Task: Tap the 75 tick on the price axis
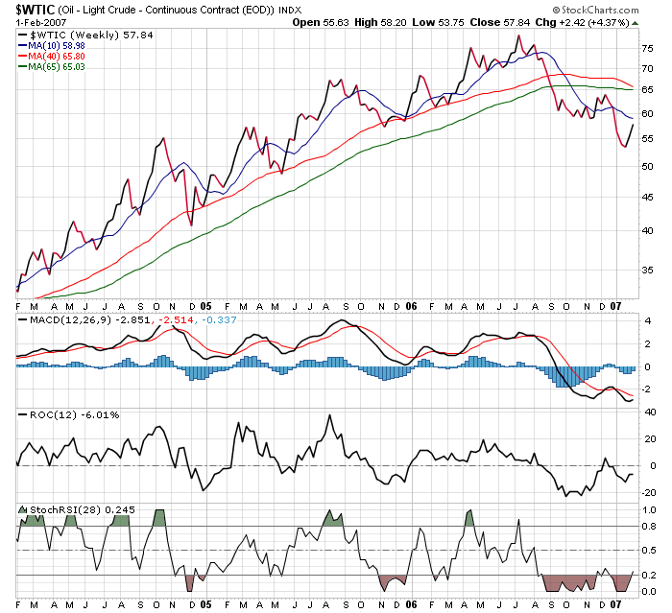647,47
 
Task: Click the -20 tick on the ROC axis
648,492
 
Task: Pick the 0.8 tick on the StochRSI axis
647,526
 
